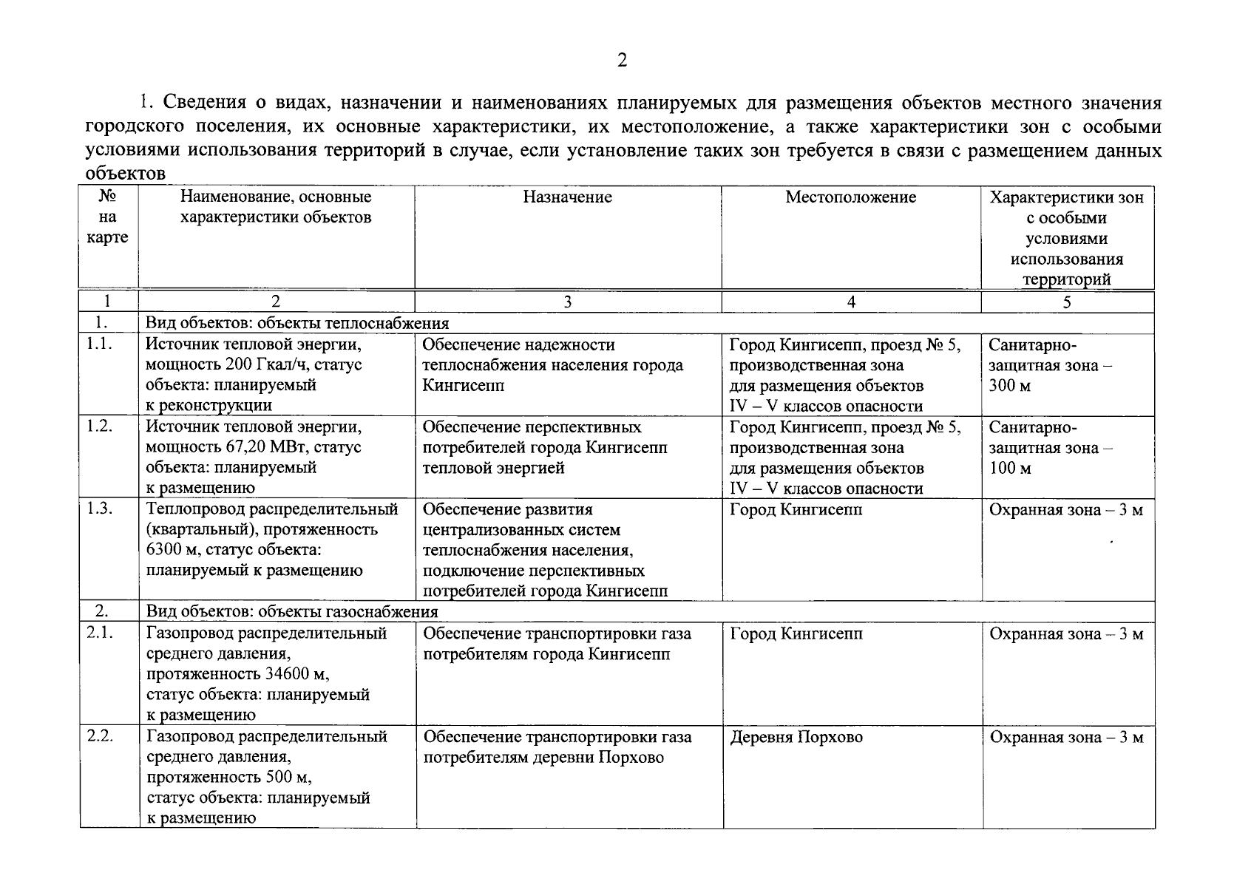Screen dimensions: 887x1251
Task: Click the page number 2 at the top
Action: (x=622, y=61)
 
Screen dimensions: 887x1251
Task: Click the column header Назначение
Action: (x=567, y=197)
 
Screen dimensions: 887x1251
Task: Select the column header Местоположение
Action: (x=850, y=197)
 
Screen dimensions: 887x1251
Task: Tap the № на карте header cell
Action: (x=108, y=217)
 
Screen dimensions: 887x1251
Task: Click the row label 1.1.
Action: (x=98, y=344)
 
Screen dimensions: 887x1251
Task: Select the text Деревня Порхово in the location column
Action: (x=796, y=737)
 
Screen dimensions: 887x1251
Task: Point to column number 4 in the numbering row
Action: (x=851, y=302)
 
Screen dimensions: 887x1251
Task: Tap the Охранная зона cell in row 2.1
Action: (x=1066, y=633)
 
